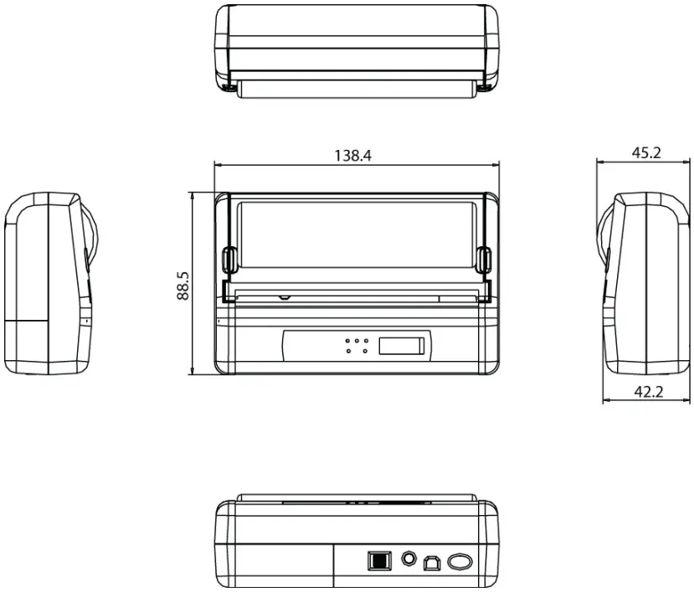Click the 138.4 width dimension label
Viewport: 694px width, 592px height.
coord(352,155)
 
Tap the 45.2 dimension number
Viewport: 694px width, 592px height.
coord(645,152)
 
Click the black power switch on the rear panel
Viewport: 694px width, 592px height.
coord(378,560)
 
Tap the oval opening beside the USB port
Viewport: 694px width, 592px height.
coord(460,560)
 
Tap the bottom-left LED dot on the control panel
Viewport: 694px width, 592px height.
coord(348,351)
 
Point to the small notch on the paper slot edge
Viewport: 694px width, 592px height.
coord(285,296)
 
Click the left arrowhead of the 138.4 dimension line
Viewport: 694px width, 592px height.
coord(218,164)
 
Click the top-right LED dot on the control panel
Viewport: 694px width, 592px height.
coord(366,340)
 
